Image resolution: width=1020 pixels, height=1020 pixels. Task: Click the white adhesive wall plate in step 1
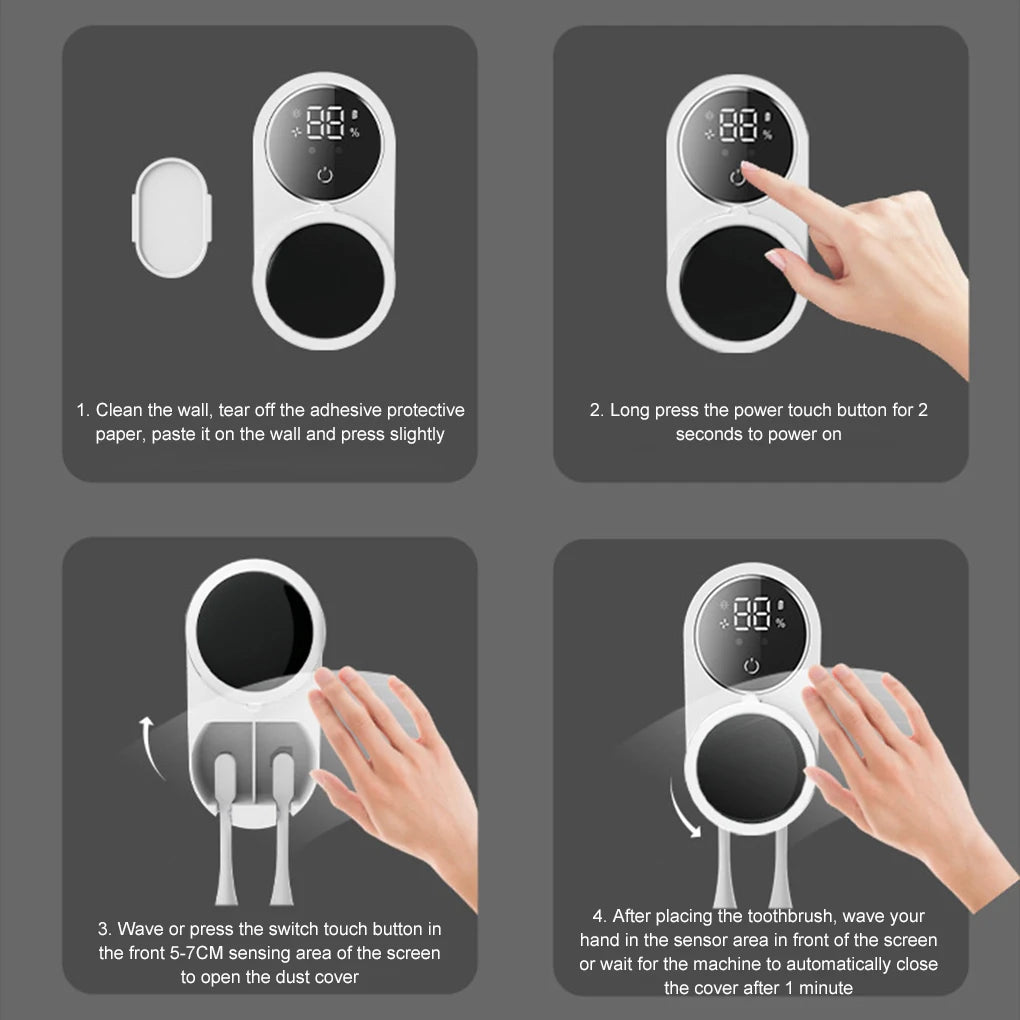(172, 217)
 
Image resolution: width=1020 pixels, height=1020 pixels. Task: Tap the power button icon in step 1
(324, 177)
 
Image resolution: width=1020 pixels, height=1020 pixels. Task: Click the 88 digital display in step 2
(738, 126)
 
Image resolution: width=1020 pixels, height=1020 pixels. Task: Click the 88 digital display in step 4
(752, 615)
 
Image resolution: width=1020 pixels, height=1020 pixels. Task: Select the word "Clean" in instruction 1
(119, 410)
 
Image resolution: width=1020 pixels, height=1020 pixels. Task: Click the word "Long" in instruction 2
(630, 410)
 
